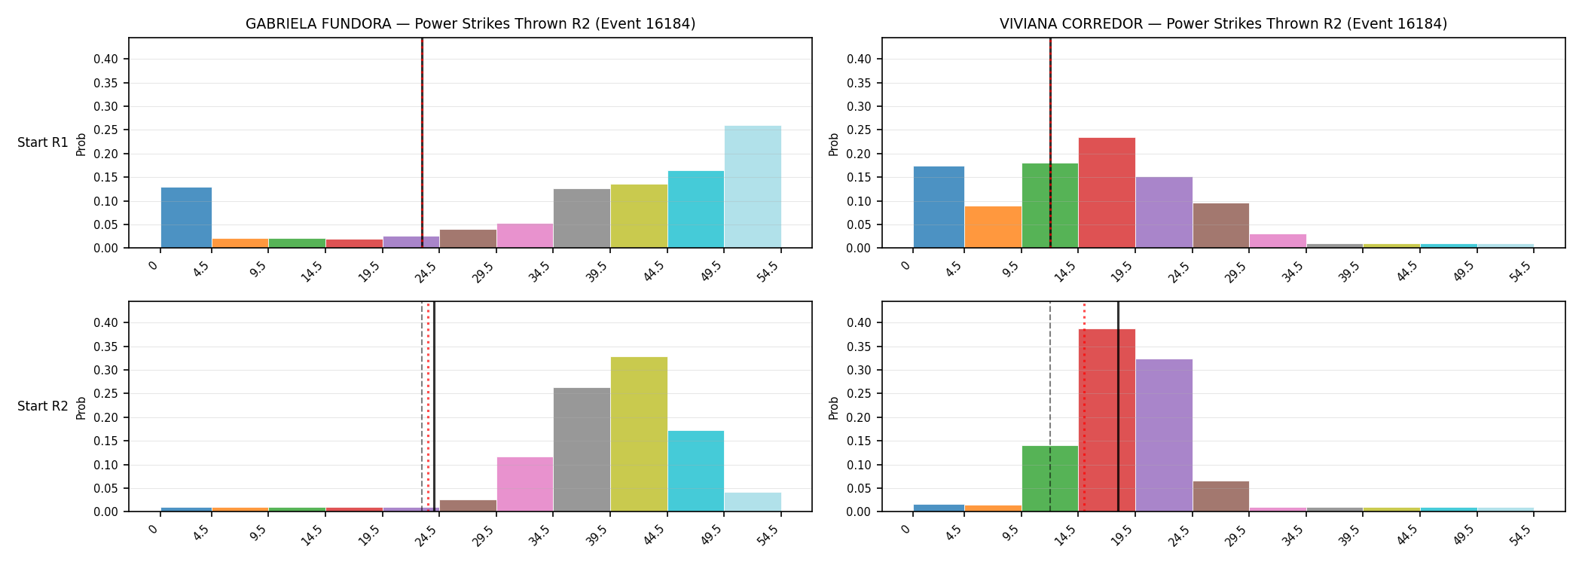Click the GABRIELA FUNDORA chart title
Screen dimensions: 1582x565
click(470, 24)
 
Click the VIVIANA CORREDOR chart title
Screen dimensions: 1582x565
click(1223, 24)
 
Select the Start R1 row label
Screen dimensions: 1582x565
click(43, 142)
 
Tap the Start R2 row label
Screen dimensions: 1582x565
click(43, 406)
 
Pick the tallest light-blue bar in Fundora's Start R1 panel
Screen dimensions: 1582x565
click(753, 187)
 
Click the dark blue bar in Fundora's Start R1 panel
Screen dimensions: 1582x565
click(186, 218)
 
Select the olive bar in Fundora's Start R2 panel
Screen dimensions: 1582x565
click(639, 434)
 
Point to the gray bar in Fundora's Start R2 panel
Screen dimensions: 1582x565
click(582, 450)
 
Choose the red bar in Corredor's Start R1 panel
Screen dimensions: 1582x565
click(1107, 193)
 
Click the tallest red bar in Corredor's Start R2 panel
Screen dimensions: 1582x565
click(1107, 420)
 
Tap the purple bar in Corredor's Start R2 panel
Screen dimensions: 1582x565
click(1164, 435)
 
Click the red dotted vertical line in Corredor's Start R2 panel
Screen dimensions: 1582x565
click(1084, 407)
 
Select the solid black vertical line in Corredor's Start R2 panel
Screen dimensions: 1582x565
click(1118, 407)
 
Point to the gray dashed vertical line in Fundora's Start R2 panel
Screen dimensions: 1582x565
click(422, 407)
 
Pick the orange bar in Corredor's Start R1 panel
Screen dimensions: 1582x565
click(993, 227)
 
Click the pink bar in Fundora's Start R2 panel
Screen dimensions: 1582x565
click(525, 484)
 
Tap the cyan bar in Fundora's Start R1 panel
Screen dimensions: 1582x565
click(696, 209)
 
